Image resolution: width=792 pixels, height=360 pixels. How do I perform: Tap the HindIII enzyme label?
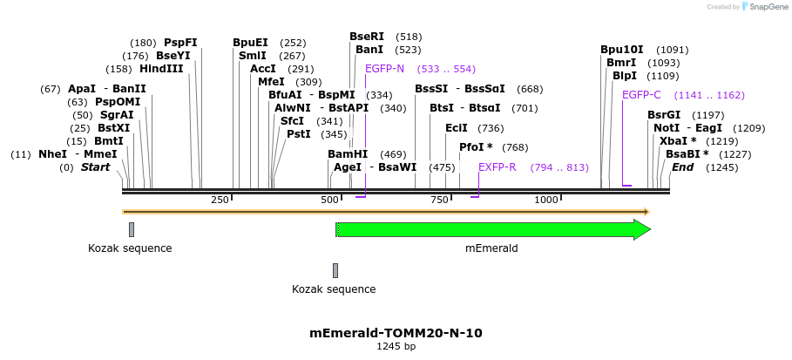[x=161, y=69]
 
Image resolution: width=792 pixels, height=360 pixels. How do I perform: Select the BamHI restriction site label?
[x=348, y=154]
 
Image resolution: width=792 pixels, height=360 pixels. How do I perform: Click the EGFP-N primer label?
[x=384, y=69]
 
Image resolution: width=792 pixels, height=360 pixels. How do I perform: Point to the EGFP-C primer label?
[x=641, y=95]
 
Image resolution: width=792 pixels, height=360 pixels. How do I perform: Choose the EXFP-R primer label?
[x=497, y=167]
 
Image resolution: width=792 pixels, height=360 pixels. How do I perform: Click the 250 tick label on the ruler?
[x=220, y=200]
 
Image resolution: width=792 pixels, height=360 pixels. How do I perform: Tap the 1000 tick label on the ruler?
[x=546, y=200]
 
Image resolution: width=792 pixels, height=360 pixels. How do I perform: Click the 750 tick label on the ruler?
[x=438, y=200]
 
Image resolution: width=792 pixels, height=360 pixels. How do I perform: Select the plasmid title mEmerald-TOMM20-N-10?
[x=396, y=333]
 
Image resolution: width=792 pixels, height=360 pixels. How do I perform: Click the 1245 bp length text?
[x=396, y=347]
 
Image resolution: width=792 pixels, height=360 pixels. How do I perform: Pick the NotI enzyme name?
[x=667, y=128]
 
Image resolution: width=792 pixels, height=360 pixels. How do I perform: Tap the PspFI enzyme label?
[x=180, y=43]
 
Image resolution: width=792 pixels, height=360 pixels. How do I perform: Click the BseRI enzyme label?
[x=366, y=37]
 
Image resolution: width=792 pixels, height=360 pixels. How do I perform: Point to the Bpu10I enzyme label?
[x=621, y=50]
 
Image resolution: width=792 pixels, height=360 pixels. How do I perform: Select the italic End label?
[x=681, y=167]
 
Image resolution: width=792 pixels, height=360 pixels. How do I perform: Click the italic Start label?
[x=95, y=167]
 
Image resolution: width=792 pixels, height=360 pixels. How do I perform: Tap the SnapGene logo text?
[x=765, y=7]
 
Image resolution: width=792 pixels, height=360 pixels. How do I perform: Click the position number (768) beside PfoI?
[x=515, y=147]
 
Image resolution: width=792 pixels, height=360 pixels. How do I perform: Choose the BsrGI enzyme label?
[x=663, y=115]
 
